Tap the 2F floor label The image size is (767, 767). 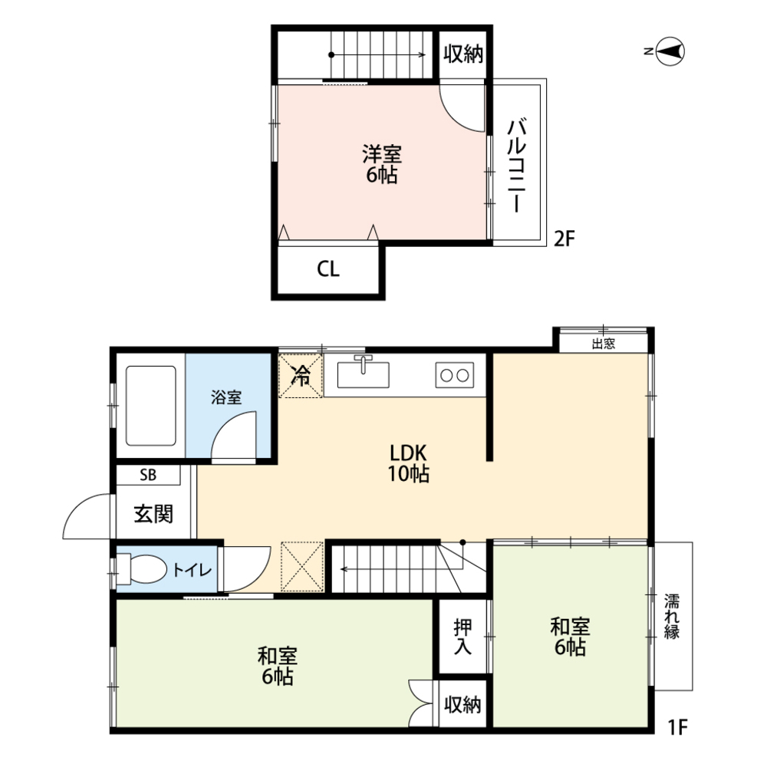[x=564, y=239]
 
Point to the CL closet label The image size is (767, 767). [x=328, y=270]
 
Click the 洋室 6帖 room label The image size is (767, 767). [x=381, y=163]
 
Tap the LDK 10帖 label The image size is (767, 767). [x=407, y=463]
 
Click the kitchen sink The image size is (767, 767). [x=363, y=374]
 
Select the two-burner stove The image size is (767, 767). [x=453, y=375]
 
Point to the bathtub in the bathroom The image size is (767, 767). [x=151, y=405]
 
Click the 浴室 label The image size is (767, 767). [x=226, y=398]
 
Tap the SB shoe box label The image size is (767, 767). [x=148, y=476]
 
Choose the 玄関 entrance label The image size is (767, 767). [x=153, y=514]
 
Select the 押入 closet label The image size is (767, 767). [x=463, y=637]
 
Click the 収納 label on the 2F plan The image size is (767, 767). [x=463, y=54]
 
